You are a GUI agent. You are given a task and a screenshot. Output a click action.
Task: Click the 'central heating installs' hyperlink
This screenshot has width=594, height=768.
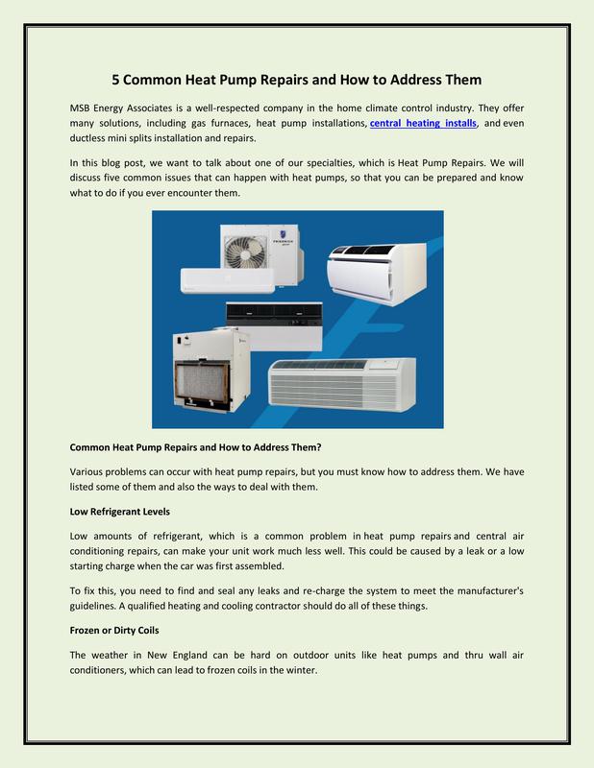[x=423, y=125]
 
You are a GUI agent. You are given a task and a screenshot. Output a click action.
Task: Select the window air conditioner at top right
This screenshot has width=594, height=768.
[x=373, y=272]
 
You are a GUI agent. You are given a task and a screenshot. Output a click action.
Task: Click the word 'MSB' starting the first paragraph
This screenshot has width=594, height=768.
[x=86, y=107]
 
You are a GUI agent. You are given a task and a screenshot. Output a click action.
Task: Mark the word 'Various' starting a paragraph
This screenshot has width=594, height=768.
[x=89, y=472]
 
